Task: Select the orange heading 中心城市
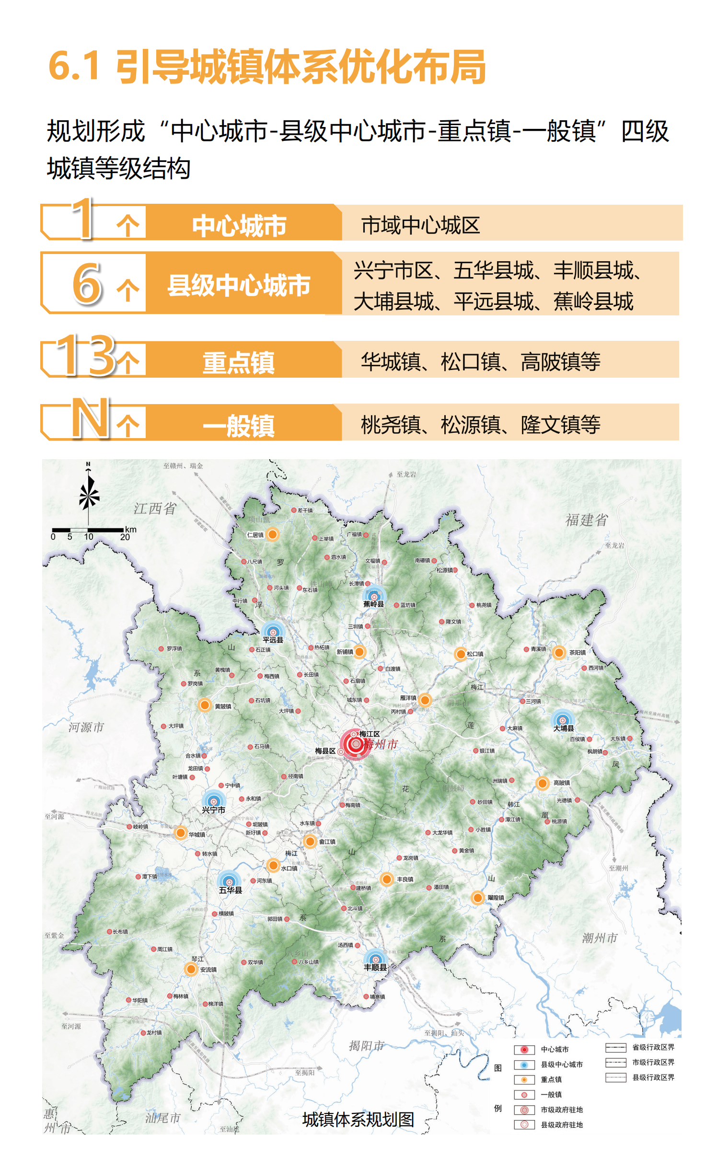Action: [x=239, y=225]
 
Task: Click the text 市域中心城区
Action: [x=420, y=225]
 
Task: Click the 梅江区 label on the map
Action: [x=369, y=734]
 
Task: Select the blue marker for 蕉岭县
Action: [x=373, y=596]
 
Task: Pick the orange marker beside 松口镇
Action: [x=460, y=654]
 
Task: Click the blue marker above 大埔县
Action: [x=563, y=720]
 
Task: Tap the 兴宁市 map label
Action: [x=213, y=810]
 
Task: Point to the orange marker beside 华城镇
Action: [x=181, y=833]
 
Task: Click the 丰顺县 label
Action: [x=375, y=967]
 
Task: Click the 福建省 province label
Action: [x=586, y=520]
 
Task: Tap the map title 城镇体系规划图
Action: [x=358, y=1119]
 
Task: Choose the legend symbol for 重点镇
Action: [x=524, y=1079]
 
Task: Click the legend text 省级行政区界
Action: [x=653, y=1047]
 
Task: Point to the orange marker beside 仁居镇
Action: [x=272, y=534]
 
